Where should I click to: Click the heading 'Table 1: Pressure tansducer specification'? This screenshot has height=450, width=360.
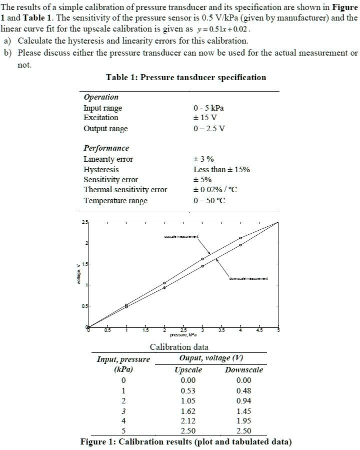click(x=186, y=78)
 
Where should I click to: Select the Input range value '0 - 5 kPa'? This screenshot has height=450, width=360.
click(x=208, y=108)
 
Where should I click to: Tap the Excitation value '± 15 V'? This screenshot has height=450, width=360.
click(x=205, y=118)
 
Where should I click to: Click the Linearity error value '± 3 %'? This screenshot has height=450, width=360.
click(x=203, y=159)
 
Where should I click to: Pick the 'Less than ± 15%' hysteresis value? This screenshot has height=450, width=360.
click(x=221, y=170)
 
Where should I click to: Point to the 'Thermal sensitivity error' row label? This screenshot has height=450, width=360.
click(x=125, y=190)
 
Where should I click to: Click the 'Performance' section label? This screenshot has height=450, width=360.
click(x=106, y=148)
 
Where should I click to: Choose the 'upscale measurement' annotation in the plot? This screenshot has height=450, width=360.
click(x=181, y=236)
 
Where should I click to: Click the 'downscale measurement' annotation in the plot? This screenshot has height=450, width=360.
click(x=248, y=278)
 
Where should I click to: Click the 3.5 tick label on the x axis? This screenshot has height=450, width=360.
click(x=221, y=330)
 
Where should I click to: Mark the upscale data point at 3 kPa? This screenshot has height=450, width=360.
click(x=202, y=259)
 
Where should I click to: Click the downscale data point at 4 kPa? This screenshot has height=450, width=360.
click(x=240, y=245)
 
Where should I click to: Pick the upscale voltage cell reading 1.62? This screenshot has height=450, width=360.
click(x=188, y=410)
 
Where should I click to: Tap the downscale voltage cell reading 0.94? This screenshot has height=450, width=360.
click(x=244, y=400)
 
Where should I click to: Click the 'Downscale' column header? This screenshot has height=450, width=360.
click(x=243, y=370)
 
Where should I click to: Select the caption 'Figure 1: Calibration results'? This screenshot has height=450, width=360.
click(x=185, y=442)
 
